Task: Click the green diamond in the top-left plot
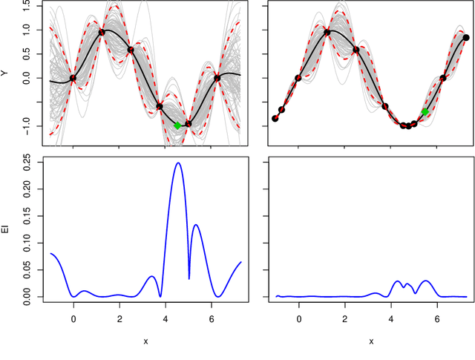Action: click(177, 125)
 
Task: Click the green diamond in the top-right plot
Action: click(425, 111)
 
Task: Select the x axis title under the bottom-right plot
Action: click(370, 341)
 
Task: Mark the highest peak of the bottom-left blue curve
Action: click(178, 163)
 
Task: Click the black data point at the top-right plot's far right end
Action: click(466, 37)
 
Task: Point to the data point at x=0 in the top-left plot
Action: click(73, 78)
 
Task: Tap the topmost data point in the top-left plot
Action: click(102, 32)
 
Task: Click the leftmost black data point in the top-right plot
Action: click(275, 118)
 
